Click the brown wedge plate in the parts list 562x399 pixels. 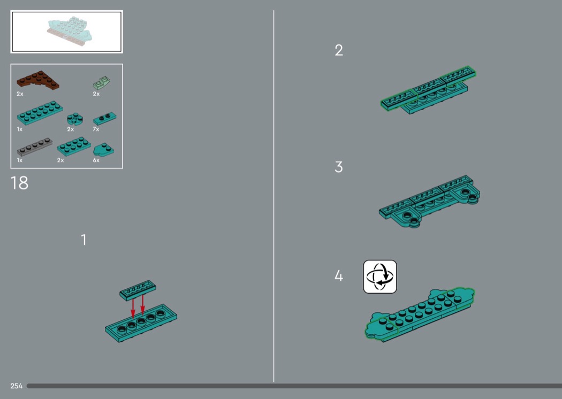click(x=37, y=80)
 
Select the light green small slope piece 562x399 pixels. click(x=102, y=83)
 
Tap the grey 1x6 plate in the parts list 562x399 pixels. click(x=34, y=147)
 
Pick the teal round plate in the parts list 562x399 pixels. click(x=75, y=119)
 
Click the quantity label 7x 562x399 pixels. click(x=96, y=129)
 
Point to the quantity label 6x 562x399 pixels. click(x=96, y=160)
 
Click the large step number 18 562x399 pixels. click(x=19, y=183)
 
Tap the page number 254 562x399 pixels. click(x=17, y=386)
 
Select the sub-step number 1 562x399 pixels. click(x=84, y=240)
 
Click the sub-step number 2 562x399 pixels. click(x=339, y=50)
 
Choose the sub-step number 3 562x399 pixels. click(x=339, y=167)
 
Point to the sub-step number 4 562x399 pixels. click(x=339, y=276)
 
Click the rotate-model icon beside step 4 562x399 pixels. click(x=380, y=277)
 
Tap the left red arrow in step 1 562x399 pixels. click(x=133, y=308)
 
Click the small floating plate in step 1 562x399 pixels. click(x=138, y=290)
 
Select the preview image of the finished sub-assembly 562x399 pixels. click(x=67, y=32)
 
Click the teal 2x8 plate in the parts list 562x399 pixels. click(x=40, y=113)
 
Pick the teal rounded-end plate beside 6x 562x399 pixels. click(x=104, y=150)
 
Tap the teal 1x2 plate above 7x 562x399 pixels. click(x=105, y=119)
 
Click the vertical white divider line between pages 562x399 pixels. click(x=274, y=196)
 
